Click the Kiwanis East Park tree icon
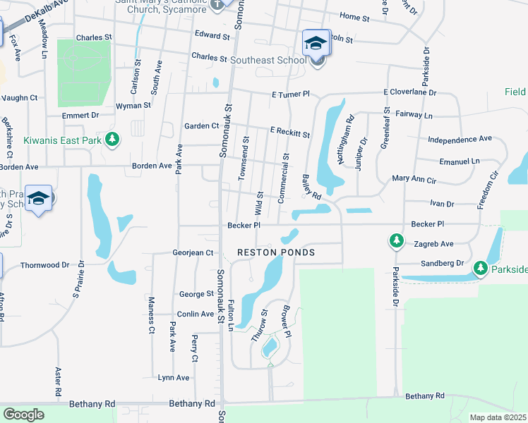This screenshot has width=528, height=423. point(112,140)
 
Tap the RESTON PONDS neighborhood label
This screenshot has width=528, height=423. point(275,252)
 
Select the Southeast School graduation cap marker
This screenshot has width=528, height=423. point(316,44)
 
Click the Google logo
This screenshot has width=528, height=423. point(23,414)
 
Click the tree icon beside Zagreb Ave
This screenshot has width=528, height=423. point(397,242)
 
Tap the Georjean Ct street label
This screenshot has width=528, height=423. point(193,252)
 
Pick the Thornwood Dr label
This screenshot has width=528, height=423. point(45,265)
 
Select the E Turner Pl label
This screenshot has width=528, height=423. point(290,94)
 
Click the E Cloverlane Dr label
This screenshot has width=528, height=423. point(410,92)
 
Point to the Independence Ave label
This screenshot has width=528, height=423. point(460,139)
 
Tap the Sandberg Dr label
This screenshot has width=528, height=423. point(440,262)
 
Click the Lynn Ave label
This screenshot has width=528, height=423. point(173,378)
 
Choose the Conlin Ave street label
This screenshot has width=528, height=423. point(196,314)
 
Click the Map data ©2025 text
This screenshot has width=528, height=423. point(498,417)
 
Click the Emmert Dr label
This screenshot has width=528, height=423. point(80,115)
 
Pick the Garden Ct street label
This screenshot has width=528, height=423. point(201,126)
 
